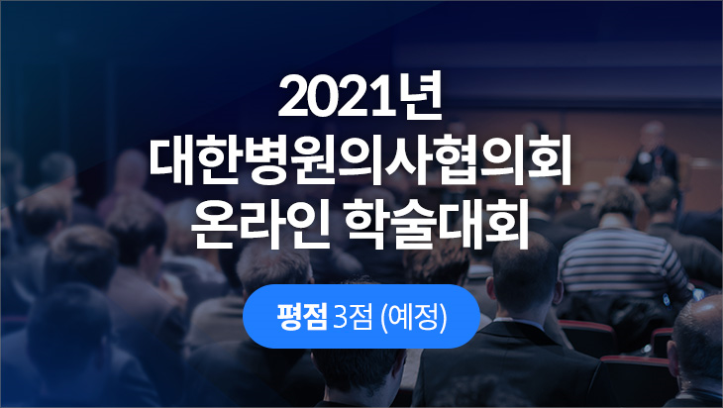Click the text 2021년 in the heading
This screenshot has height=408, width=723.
point(361,95)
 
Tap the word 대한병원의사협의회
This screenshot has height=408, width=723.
point(361,160)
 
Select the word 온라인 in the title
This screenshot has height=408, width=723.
point(260,224)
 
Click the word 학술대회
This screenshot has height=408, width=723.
point(437,224)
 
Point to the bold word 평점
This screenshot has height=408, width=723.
point(302,317)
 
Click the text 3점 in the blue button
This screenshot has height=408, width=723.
point(353,317)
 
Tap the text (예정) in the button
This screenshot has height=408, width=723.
point(414,317)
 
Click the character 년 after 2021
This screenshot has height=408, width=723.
point(422,95)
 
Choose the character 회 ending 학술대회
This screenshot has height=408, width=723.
point(506,224)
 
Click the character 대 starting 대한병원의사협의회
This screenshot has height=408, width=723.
point(171,160)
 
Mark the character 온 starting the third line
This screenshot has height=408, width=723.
point(214,225)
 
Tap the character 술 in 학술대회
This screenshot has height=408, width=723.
point(414,225)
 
